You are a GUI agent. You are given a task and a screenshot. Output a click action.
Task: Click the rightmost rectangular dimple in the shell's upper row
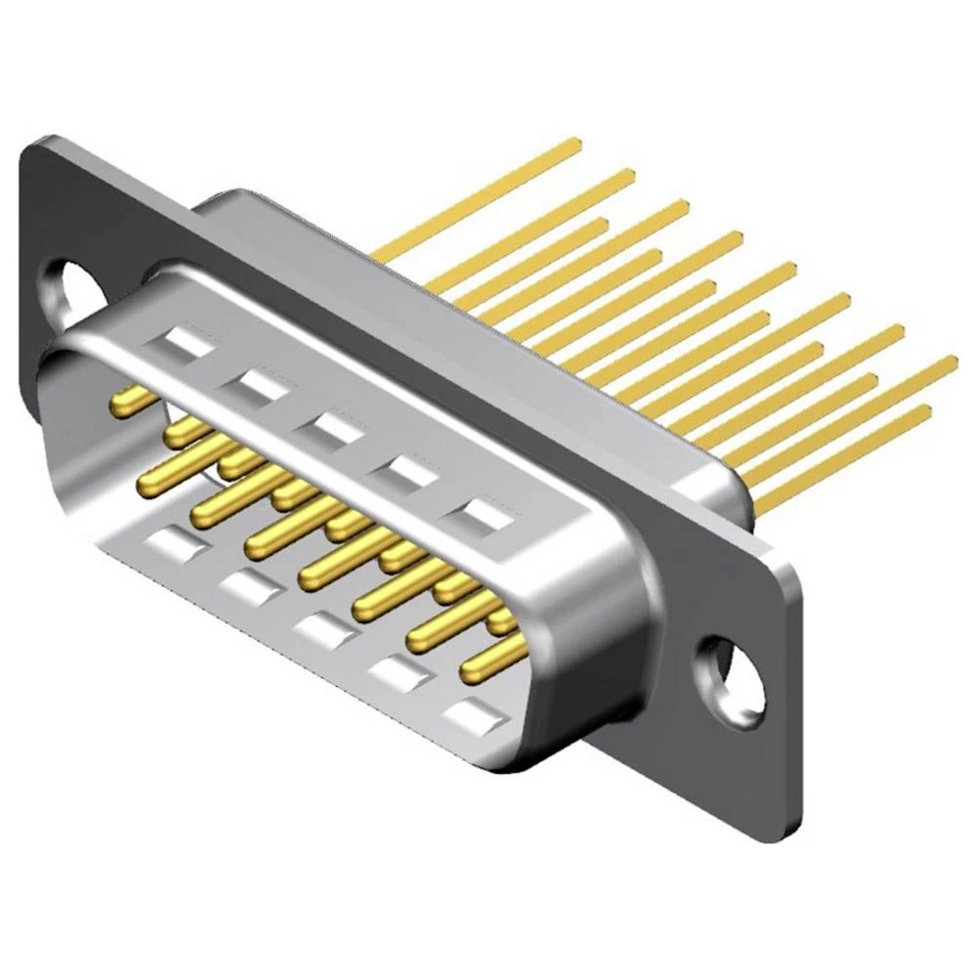(479, 513)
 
